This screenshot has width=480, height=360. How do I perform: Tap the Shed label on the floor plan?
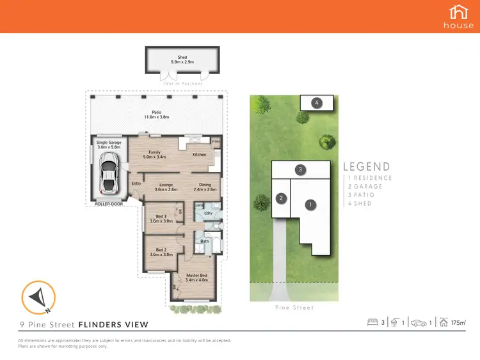pos(182,59)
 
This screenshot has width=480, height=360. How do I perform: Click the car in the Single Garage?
pos(109,173)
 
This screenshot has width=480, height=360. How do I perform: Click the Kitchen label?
pos(200,155)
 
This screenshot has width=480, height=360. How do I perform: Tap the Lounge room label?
pos(166,187)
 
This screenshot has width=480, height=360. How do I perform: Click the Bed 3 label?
pos(161,219)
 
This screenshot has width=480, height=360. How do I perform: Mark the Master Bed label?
pos(195,278)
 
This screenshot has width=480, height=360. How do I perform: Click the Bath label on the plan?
pos(205,241)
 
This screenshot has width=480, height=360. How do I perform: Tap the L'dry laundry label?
pos(208,212)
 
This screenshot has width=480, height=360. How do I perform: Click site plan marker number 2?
pos(280,198)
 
